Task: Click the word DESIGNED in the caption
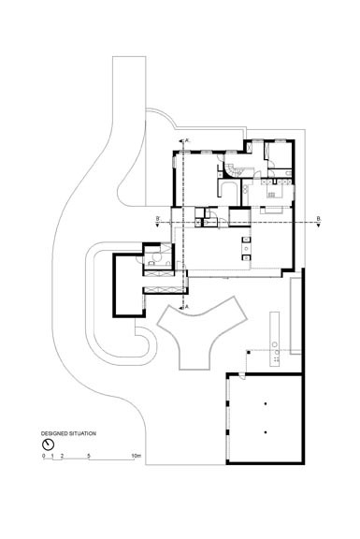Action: point(54,435)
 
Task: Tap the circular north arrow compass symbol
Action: point(46,444)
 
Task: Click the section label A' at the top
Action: point(189,139)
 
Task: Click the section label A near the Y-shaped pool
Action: point(189,306)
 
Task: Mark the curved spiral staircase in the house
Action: point(229,167)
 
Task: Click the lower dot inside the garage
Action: point(266,433)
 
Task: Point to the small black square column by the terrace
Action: point(246,350)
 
